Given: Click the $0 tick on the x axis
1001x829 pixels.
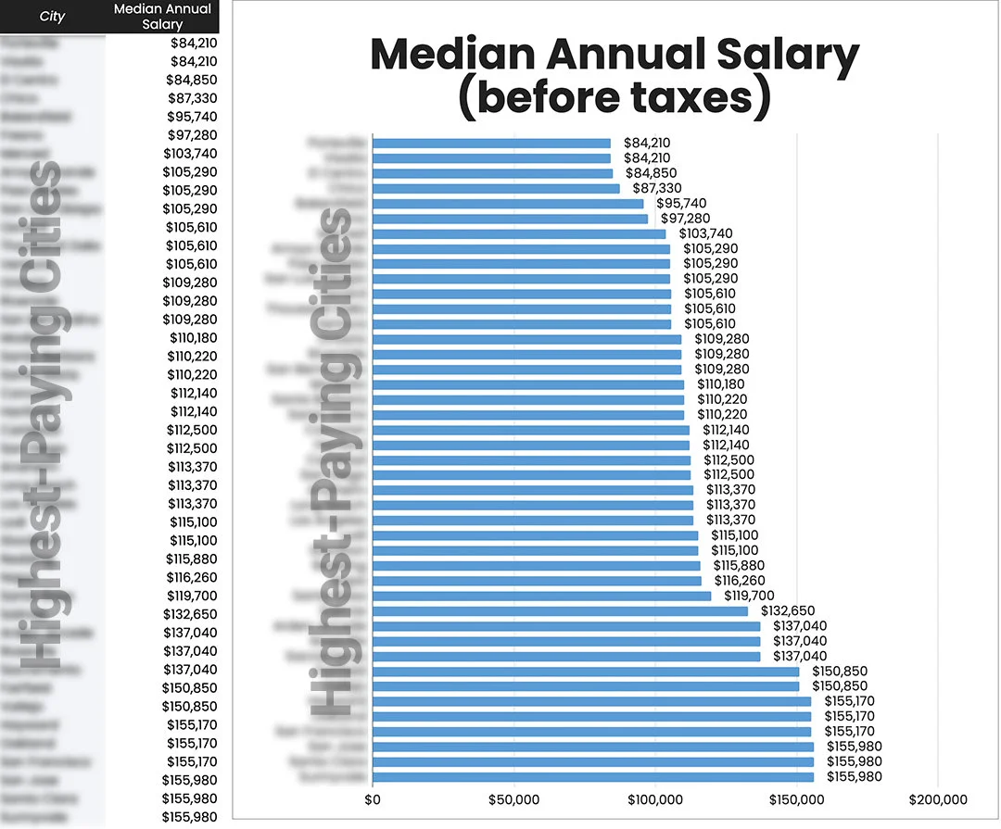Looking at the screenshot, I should coord(373,799).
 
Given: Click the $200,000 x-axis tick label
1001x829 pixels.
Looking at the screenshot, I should coord(938,799).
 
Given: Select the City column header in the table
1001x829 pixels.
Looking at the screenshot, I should coord(52,17).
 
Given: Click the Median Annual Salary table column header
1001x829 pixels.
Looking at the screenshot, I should coord(162,17).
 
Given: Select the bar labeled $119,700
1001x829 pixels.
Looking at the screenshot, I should coord(541,596).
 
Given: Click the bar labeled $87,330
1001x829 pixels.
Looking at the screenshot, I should coord(496,188).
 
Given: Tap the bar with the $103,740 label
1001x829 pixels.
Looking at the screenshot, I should coord(519,233).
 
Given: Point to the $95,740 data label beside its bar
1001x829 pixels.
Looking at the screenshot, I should coord(681,203).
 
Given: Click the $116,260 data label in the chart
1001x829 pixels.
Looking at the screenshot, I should coord(739,581).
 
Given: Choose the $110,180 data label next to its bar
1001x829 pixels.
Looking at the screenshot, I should coord(720,384).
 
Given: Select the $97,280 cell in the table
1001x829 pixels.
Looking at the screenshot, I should coord(192,135).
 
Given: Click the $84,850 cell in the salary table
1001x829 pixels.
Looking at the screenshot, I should coord(192,80).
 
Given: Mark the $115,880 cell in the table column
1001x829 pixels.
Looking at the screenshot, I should coord(192,559).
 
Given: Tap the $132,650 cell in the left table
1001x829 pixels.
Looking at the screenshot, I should coord(192,614).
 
